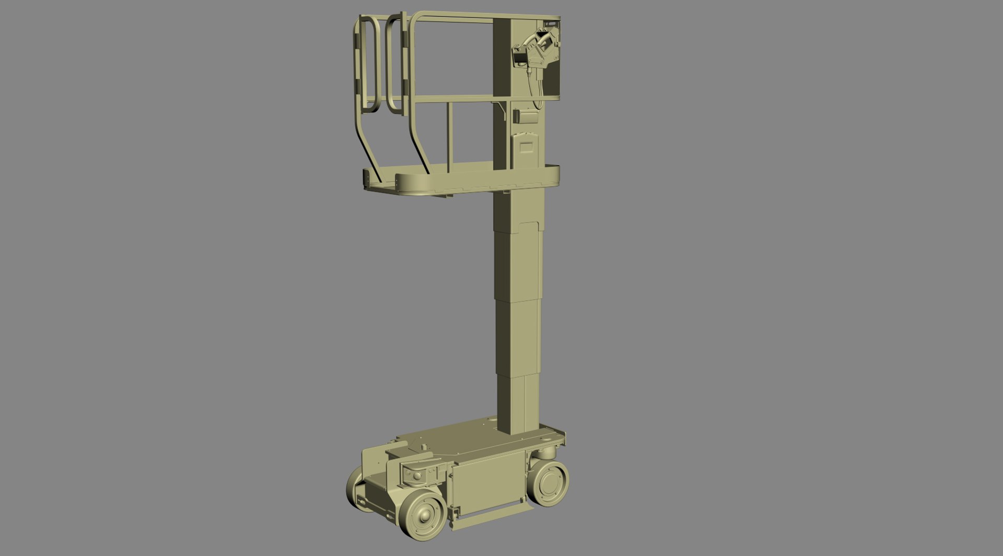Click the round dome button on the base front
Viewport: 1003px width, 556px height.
click(x=416, y=476)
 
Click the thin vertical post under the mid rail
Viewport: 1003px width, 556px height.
click(x=448, y=136)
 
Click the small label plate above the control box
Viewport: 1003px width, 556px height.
click(x=551, y=24)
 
